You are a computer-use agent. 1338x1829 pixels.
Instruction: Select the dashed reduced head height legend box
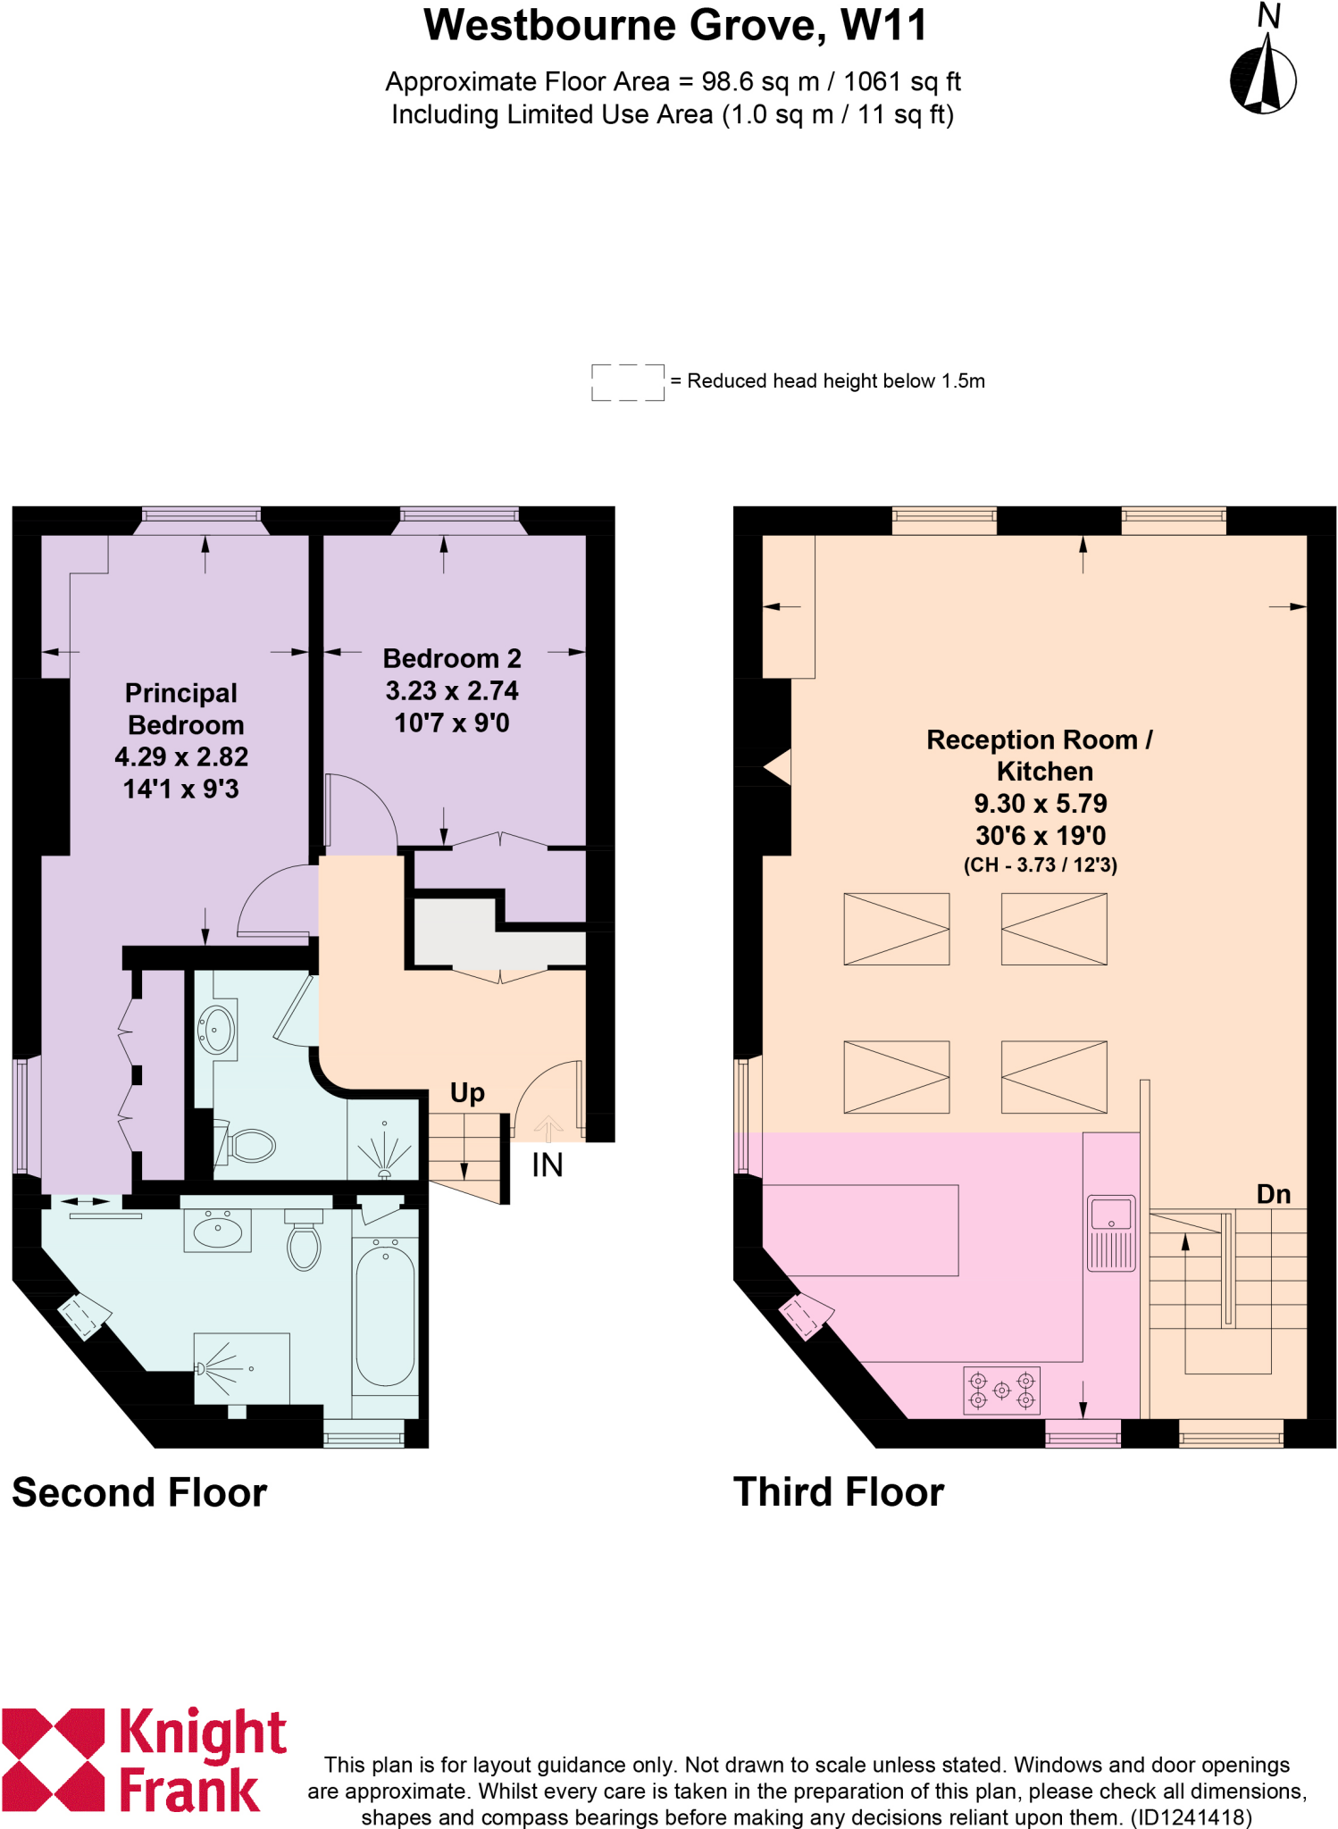click(x=627, y=382)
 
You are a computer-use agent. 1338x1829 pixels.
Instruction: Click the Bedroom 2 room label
click(x=452, y=659)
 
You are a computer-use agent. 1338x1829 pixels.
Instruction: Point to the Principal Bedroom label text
click(x=182, y=709)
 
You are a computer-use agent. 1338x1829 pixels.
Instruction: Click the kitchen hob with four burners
click(x=1001, y=1391)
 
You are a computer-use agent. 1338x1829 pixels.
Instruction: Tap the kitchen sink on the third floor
click(x=1111, y=1232)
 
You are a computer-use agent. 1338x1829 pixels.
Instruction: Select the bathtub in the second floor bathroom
click(x=385, y=1315)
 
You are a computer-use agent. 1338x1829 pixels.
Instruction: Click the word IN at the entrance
click(x=547, y=1165)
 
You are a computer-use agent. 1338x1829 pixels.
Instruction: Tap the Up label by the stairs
click(x=467, y=1093)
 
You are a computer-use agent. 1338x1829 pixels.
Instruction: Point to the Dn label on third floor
click(x=1273, y=1195)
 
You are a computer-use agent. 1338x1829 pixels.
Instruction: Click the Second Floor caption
click(x=139, y=1493)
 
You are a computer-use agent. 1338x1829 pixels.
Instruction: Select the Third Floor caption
click(x=838, y=1492)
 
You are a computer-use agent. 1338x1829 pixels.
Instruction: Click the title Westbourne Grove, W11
click(x=675, y=26)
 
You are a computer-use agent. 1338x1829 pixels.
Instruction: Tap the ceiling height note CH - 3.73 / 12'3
click(x=1040, y=864)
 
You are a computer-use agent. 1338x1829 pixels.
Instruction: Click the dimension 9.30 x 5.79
click(x=1040, y=804)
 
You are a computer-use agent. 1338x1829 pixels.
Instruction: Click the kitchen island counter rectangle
click(x=860, y=1230)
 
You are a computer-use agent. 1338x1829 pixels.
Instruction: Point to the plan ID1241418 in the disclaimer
click(x=1192, y=1817)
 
